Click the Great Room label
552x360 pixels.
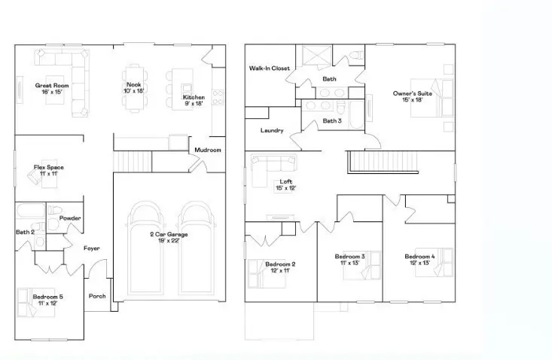[x=52, y=86]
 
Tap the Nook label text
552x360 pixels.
[x=134, y=84]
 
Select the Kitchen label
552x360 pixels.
[x=193, y=98]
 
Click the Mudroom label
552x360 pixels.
[x=208, y=150]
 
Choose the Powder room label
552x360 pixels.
[x=71, y=218]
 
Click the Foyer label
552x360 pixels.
[x=92, y=248]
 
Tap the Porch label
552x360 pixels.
[x=97, y=296]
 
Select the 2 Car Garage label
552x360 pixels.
[x=169, y=234]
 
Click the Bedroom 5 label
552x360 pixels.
[x=47, y=297]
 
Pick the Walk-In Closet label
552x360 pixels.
[x=270, y=69]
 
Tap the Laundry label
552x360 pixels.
[x=271, y=130]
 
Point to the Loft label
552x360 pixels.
[x=284, y=182]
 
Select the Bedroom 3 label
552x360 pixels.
[x=349, y=257]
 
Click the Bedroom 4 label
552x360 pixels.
[x=419, y=255]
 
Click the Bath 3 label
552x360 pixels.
[x=332, y=121]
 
